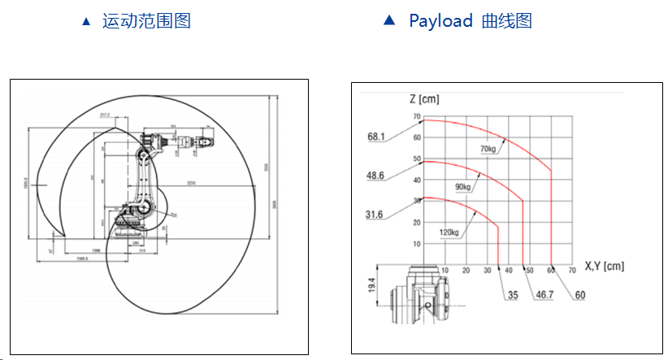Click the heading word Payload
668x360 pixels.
coord(440,21)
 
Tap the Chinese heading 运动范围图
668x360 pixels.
coord(146,21)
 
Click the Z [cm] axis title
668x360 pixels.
coord(424,99)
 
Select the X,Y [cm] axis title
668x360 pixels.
coord(605,265)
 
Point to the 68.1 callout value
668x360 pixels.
coord(375,137)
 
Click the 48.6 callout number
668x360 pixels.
coord(375,175)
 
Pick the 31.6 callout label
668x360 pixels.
coord(375,214)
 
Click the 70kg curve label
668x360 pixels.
coord(488,148)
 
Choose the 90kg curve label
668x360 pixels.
coord(463,188)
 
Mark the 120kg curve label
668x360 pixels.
coord(449,233)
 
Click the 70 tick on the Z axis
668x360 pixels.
coord(417,117)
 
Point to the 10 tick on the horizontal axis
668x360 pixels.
coord(444,270)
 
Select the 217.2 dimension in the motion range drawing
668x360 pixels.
coord(105,115)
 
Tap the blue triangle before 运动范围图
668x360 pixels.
coord(86,22)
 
